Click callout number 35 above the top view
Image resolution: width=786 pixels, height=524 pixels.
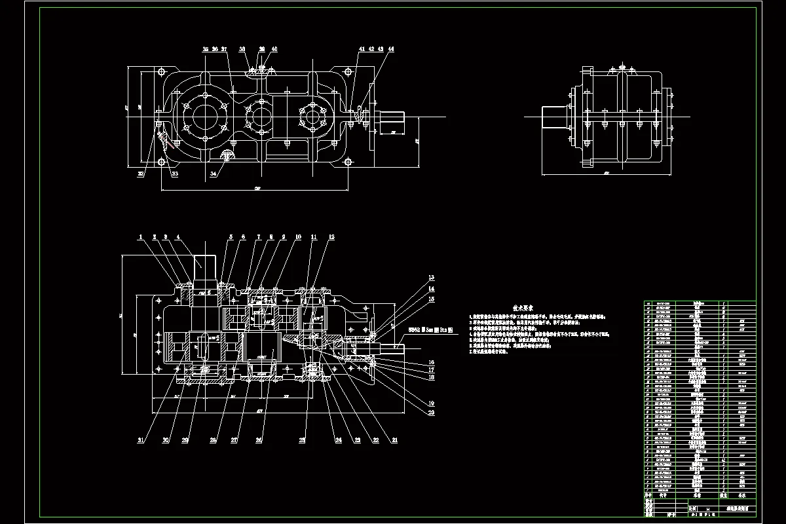[205, 49]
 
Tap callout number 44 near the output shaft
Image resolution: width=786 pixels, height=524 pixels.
[391, 49]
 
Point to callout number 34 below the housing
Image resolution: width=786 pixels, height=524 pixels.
[214, 174]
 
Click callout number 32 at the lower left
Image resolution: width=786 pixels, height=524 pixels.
[140, 174]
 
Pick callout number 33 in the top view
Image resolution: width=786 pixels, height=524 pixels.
[174, 174]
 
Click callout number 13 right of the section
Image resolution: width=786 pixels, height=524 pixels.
[432, 278]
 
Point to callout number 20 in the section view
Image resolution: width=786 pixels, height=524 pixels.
[432, 413]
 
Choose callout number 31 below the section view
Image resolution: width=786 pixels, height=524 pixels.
[140, 440]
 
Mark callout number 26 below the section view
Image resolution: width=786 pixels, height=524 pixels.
[259, 440]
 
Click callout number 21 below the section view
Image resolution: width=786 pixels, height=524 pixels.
[394, 440]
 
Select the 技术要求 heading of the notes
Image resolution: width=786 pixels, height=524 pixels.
[523, 307]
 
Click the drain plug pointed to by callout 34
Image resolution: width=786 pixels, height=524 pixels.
[228, 155]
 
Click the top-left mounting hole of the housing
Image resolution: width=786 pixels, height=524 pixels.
[160, 70]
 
